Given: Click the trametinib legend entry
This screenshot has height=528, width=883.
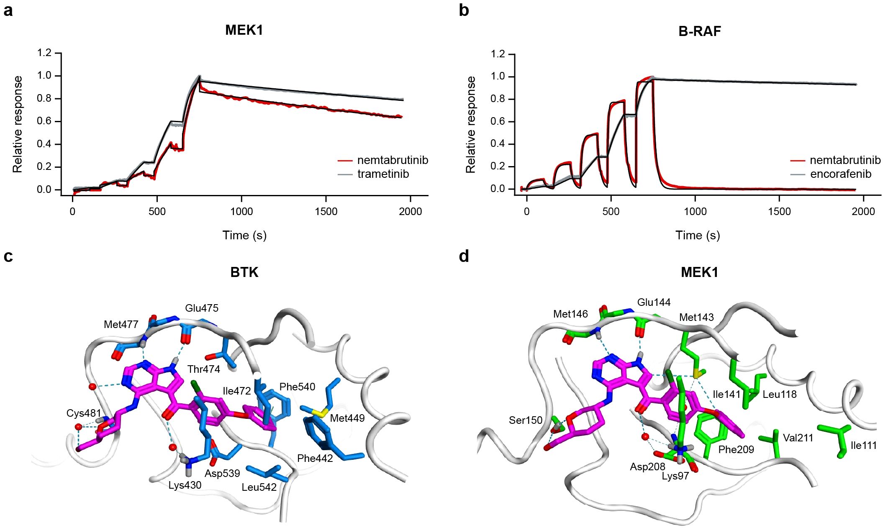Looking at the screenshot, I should point(383,174).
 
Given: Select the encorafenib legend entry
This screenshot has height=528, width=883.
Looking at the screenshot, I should point(840,174).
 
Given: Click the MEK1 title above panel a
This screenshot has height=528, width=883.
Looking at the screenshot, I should point(244,30).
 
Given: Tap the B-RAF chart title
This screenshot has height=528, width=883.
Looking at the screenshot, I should point(699,31).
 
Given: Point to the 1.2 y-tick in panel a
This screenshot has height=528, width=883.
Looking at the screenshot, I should point(44,53).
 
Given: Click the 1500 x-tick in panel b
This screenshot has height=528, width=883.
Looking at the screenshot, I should point(779,211).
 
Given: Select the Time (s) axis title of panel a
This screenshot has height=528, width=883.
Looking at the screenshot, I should point(244,235).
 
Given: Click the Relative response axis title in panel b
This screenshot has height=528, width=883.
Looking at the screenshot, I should point(471,124).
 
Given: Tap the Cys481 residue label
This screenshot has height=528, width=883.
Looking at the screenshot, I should point(84,413).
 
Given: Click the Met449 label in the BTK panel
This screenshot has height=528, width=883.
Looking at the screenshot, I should point(347,418).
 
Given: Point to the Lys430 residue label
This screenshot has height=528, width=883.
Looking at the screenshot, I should point(185,485).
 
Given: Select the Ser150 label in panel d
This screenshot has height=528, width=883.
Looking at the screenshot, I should point(525,420).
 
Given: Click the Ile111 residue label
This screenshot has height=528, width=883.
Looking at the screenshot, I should point(864,446).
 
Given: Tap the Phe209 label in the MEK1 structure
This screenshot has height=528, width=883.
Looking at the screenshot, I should point(736,450).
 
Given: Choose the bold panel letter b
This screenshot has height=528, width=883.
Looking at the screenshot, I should point(464,10).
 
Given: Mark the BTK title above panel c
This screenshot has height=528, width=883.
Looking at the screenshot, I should point(244,272).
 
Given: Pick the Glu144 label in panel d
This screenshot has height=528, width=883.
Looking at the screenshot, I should point(654,302).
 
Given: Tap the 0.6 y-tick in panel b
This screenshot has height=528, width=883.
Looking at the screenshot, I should point(498,121).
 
